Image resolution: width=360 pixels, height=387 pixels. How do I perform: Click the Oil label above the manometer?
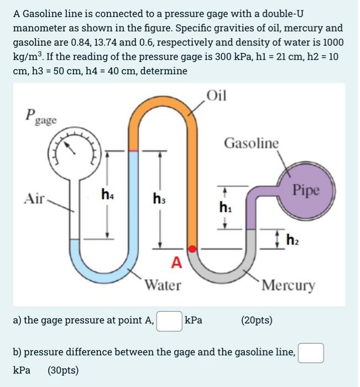pyautogui.click(x=216, y=95)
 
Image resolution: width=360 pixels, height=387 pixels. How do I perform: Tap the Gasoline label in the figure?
pyautogui.click(x=252, y=143)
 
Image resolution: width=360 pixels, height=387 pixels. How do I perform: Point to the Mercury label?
pyautogui.click(x=289, y=286)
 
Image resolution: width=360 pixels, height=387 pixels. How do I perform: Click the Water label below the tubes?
pyautogui.click(x=163, y=285)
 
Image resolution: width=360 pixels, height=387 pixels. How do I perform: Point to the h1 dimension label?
pyautogui.click(x=225, y=208)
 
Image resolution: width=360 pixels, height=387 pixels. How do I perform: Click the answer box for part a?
pyautogui.click(x=169, y=321)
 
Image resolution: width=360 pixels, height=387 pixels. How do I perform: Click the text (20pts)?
pyautogui.click(x=257, y=320)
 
